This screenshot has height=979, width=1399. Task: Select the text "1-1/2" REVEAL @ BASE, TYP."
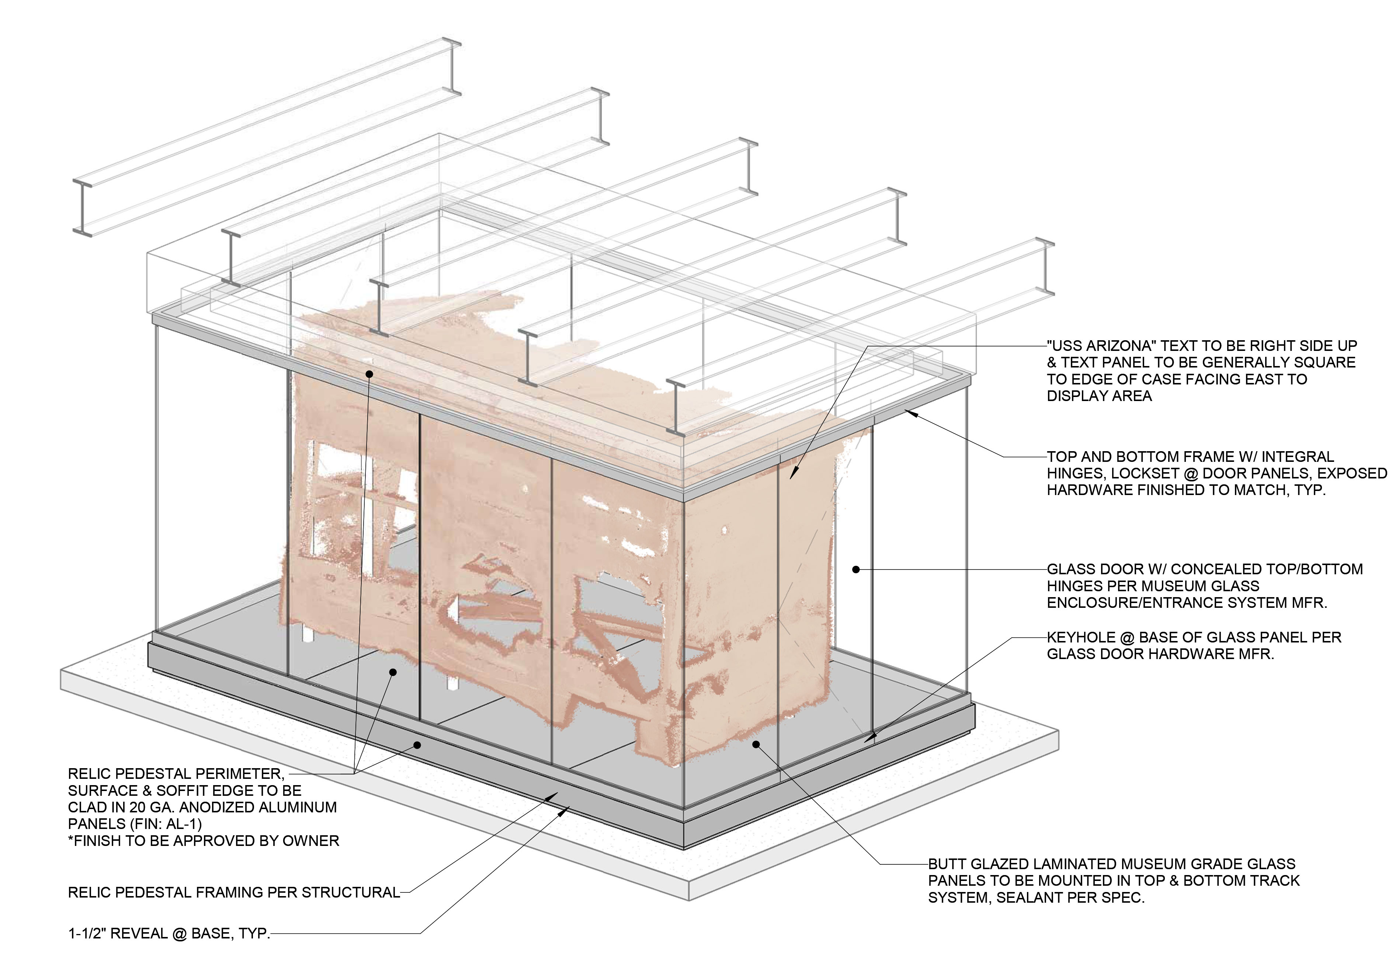click(169, 933)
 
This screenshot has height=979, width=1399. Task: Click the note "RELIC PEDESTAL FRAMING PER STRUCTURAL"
click(233, 892)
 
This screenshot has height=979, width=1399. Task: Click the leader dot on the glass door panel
click(855, 569)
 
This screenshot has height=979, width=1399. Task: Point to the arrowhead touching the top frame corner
click(910, 412)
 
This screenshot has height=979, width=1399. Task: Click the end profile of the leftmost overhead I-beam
click(83, 207)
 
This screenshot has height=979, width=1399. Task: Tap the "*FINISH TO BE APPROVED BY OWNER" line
click(204, 841)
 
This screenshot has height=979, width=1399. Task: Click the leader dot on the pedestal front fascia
click(417, 745)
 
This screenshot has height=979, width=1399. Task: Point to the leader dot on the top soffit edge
click(369, 373)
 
